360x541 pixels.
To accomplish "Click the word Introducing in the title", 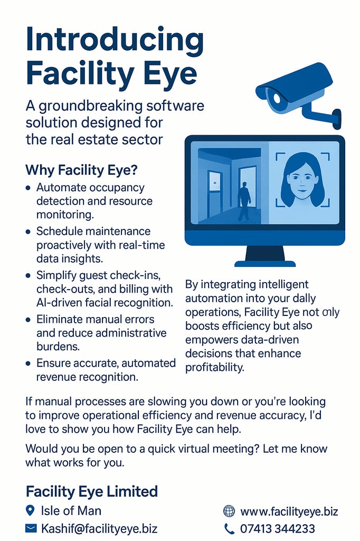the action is [x=115, y=41].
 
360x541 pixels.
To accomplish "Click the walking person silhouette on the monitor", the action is [x=244, y=201].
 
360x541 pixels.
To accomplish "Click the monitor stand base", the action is [x=265, y=264].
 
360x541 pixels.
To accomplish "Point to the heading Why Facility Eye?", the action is [x=81, y=170].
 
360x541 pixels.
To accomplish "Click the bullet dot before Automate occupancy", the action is [x=29, y=189].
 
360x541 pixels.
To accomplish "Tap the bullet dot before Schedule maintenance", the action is [x=29, y=232].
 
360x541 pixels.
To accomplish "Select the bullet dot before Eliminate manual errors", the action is [x=29, y=320].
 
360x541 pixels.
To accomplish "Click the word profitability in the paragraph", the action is [x=214, y=368].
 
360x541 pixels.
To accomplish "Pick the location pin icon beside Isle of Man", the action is [x=30, y=510].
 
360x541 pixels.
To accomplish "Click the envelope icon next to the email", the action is [x=31, y=528].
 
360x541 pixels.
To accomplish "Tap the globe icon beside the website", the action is [x=229, y=511].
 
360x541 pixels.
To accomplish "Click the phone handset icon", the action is [x=229, y=528].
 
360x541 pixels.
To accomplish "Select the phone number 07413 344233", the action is [x=278, y=528].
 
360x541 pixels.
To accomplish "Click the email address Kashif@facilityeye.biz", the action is [x=99, y=528].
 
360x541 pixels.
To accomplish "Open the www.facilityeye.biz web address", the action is [x=289, y=511].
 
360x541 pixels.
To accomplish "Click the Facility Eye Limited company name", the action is [x=92, y=491].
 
